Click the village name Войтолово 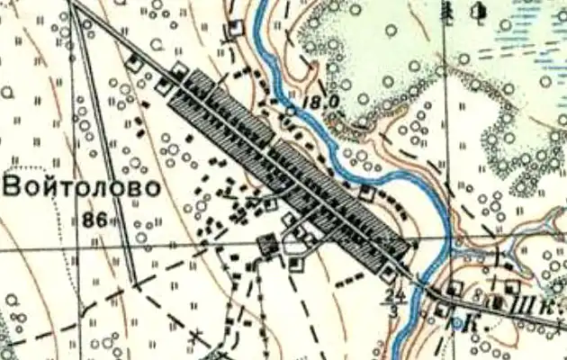point(82,187)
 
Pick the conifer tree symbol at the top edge point(447,12)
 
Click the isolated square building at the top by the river point(237,28)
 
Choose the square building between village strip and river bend point(365,193)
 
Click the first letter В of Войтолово point(14,187)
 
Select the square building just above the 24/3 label point(388,271)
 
